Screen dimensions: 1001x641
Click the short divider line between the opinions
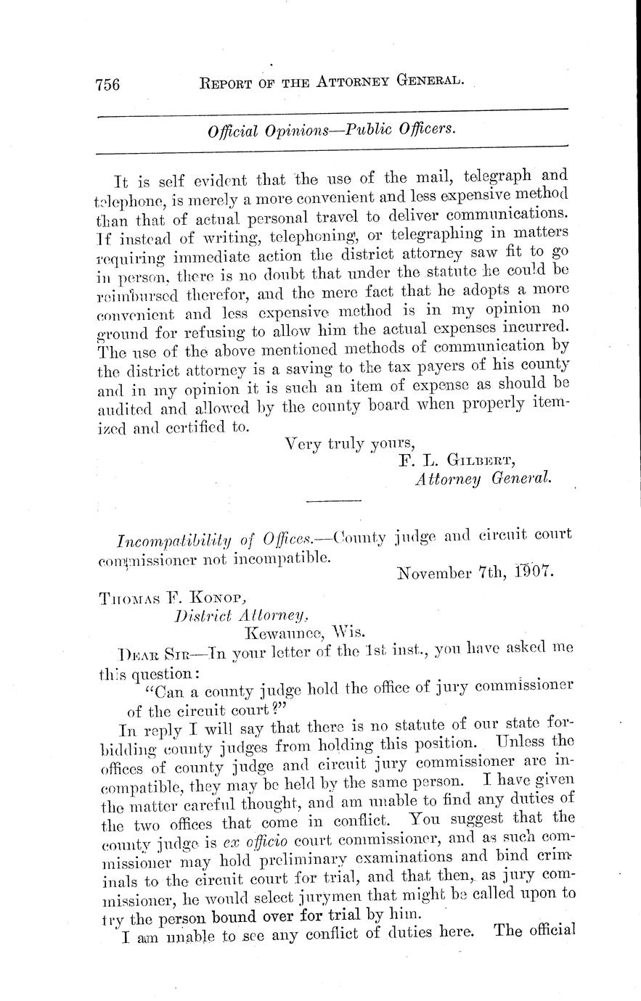334,500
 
